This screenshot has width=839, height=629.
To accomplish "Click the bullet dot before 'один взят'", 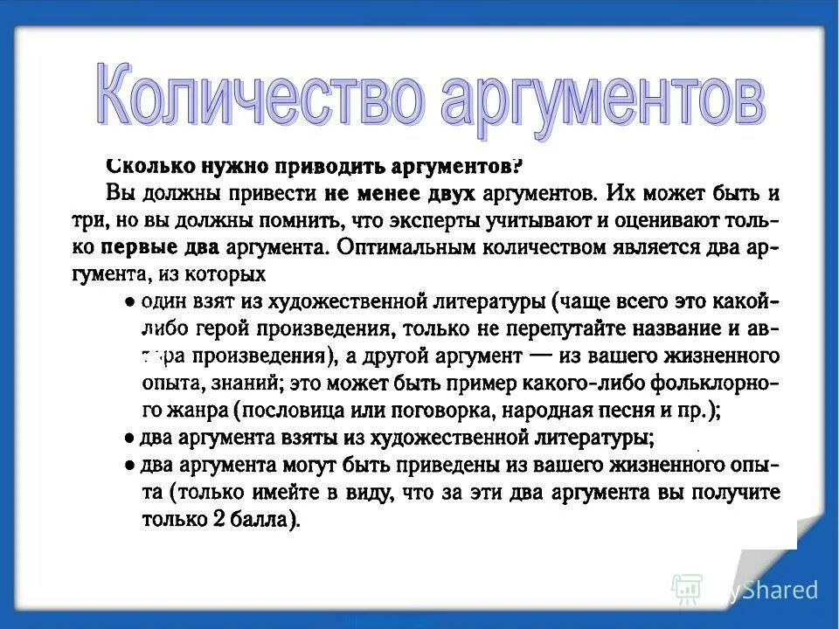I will pyautogui.click(x=128, y=302).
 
